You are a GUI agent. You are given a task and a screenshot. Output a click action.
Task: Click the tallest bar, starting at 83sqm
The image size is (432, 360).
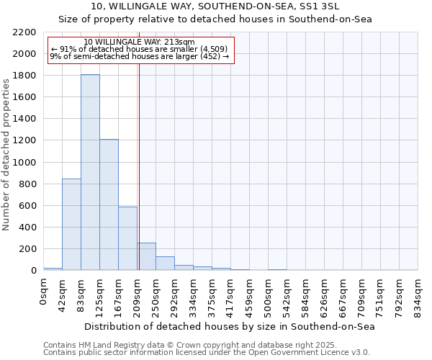(90, 173)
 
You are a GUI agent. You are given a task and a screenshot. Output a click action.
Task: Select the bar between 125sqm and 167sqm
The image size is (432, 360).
(109, 205)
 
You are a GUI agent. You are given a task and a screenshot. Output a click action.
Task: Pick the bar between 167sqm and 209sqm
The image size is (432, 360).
(127, 238)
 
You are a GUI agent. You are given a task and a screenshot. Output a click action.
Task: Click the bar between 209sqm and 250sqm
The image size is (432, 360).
(146, 257)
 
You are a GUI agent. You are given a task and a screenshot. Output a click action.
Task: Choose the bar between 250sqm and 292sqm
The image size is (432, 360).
(165, 264)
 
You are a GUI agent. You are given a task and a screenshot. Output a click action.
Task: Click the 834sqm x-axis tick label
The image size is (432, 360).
(418, 294)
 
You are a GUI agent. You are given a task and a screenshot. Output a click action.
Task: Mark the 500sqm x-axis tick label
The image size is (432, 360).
(269, 294)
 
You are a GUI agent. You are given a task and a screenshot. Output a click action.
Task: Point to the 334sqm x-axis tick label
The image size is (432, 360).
(194, 294)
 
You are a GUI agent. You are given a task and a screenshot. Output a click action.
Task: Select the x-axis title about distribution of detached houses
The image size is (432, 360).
(230, 326)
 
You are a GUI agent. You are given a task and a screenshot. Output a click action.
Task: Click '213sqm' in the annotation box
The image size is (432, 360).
(181, 42)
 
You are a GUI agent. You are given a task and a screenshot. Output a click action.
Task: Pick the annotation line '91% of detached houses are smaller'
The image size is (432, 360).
(139, 49)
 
